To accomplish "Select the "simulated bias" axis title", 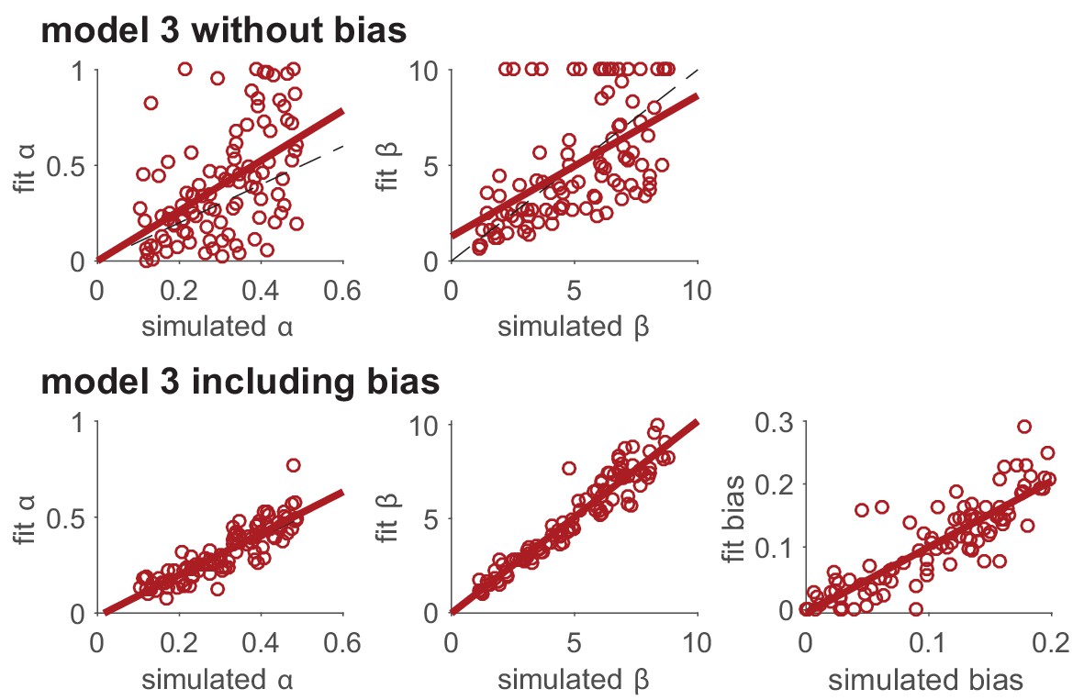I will [926, 680].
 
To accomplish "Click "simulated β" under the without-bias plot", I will [574, 328].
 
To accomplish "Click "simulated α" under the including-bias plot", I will [220, 680].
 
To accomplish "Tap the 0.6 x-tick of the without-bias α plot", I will [344, 289].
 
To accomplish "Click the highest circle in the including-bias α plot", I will [293, 465].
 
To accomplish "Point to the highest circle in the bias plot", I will [1024, 427].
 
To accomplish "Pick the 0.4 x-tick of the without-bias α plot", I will [262, 289].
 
